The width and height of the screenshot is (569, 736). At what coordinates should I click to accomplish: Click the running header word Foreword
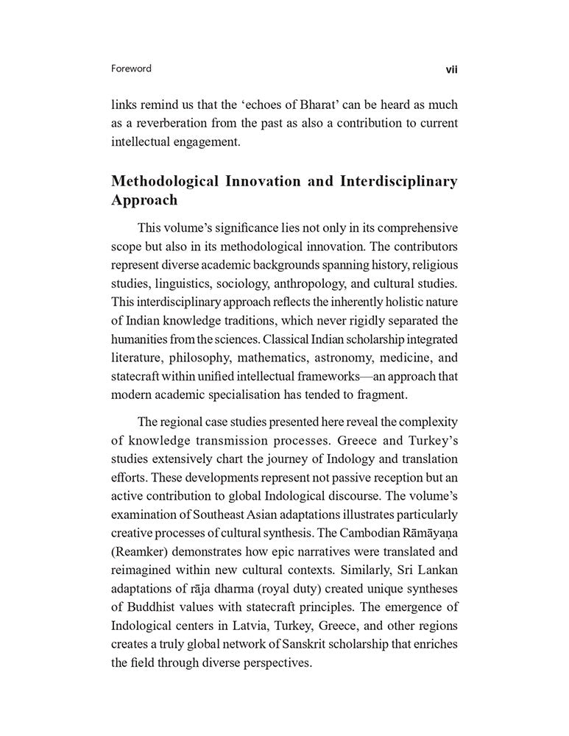[131, 68]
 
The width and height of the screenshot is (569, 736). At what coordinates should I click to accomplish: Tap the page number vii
[450, 69]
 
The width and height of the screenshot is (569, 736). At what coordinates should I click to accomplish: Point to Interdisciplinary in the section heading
[396, 181]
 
